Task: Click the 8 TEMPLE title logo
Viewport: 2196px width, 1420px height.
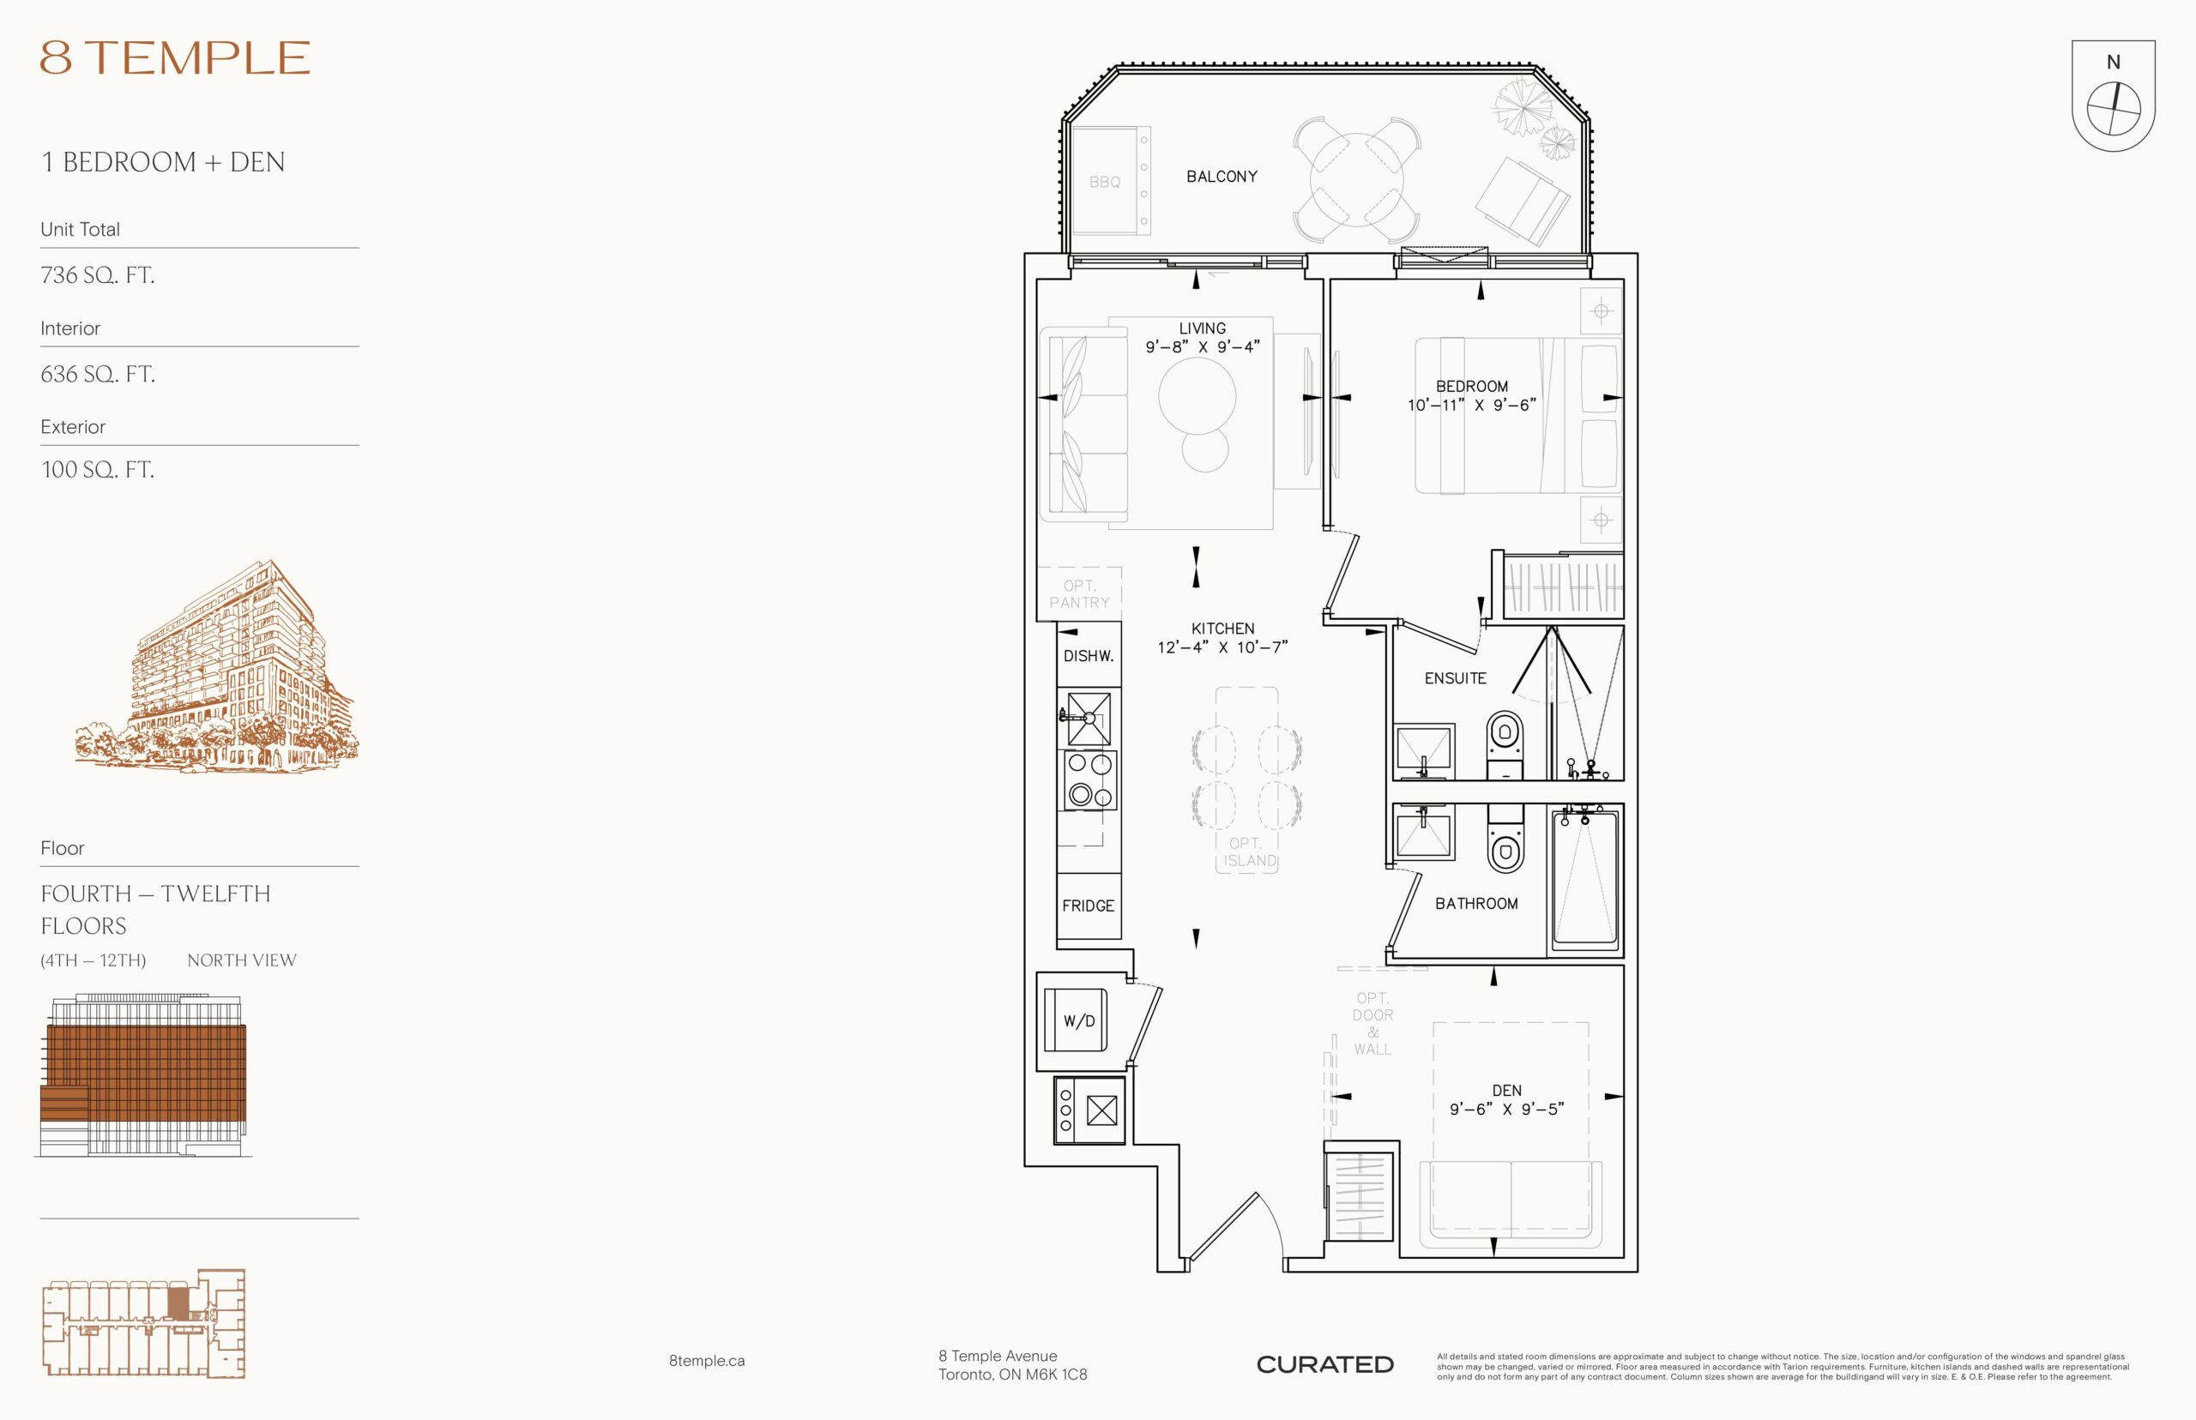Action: click(x=174, y=57)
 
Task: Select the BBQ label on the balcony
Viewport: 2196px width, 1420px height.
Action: click(x=1104, y=183)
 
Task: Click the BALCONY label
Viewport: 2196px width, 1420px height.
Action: click(x=1222, y=176)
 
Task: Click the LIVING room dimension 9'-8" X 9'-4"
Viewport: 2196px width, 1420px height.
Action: click(x=1203, y=347)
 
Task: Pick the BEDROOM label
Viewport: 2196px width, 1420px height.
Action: click(x=1472, y=387)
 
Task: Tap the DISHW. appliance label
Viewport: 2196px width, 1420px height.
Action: click(x=1089, y=657)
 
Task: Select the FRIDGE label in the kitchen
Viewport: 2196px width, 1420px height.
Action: click(x=1089, y=906)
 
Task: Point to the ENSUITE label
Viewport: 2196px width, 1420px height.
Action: click(x=1456, y=678)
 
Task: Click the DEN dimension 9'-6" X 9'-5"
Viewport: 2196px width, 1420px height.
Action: click(x=1507, y=1110)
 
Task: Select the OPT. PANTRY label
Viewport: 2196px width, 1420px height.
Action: click(x=1079, y=594)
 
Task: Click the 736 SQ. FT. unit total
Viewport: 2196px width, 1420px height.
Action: click(x=98, y=274)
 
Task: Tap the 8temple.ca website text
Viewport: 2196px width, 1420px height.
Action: click(x=707, y=1361)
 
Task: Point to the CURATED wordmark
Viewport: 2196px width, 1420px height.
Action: click(x=1324, y=1364)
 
